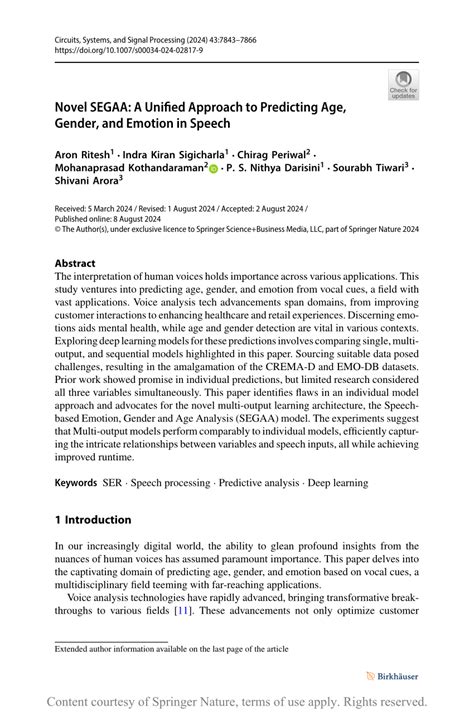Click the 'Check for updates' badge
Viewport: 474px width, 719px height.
(x=403, y=85)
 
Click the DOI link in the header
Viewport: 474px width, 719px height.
(x=118, y=49)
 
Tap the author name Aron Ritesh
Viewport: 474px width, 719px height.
(x=81, y=157)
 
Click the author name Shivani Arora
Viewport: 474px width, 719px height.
(x=87, y=182)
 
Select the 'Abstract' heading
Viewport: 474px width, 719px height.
(x=76, y=263)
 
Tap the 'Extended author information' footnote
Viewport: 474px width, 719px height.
(x=171, y=649)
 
